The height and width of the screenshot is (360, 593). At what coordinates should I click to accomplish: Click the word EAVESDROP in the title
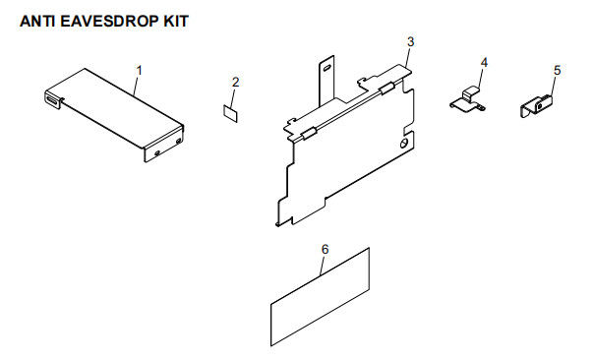tap(110, 22)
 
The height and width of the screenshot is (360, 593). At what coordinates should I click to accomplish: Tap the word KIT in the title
tap(176, 22)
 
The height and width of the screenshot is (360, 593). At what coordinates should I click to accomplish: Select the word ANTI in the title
tap(37, 22)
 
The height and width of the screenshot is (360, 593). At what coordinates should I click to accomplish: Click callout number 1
tap(140, 71)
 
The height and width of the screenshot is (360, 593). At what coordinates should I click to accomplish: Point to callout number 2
tap(236, 82)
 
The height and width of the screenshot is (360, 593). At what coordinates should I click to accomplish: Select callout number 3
tap(411, 41)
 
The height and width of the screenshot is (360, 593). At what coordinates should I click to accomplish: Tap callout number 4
tap(484, 62)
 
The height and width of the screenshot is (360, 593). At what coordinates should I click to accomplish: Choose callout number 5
tap(557, 71)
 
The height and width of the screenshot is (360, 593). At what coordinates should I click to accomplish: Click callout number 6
tap(325, 249)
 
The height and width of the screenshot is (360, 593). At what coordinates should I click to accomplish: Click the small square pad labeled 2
tap(230, 114)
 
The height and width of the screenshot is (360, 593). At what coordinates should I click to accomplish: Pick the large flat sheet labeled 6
tap(320, 297)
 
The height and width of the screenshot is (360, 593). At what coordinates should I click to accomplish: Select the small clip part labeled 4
tap(467, 100)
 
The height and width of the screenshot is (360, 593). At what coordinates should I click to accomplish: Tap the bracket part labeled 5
tap(536, 106)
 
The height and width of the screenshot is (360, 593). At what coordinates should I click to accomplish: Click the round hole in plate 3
tap(404, 144)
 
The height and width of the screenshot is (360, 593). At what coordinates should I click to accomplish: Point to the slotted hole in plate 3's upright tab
tap(326, 68)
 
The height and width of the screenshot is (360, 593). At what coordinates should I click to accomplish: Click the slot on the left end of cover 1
tap(53, 100)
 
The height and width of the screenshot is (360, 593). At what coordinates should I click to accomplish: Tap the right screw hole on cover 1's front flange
tap(179, 141)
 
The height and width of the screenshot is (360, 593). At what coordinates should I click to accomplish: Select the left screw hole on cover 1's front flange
tap(157, 152)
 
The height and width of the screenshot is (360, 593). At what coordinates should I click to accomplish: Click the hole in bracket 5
tap(540, 107)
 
